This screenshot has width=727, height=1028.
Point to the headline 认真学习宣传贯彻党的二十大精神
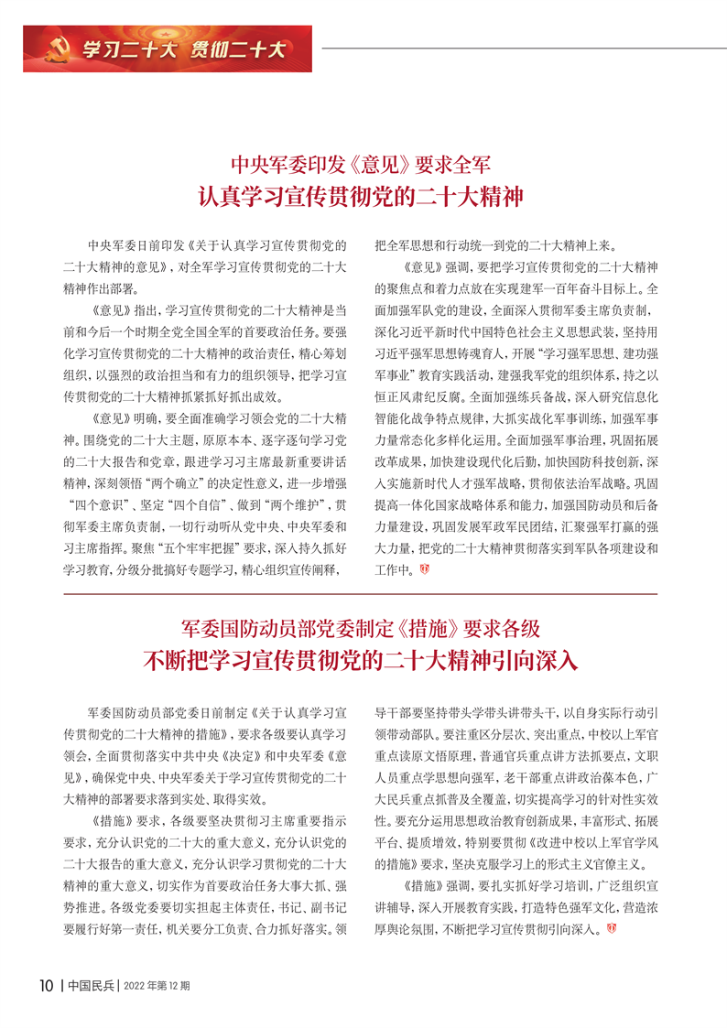(x=363, y=197)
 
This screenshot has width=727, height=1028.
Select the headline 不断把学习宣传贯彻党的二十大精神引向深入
(x=363, y=660)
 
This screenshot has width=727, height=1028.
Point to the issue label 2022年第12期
(x=157, y=986)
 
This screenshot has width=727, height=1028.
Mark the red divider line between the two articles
(x=363, y=594)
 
